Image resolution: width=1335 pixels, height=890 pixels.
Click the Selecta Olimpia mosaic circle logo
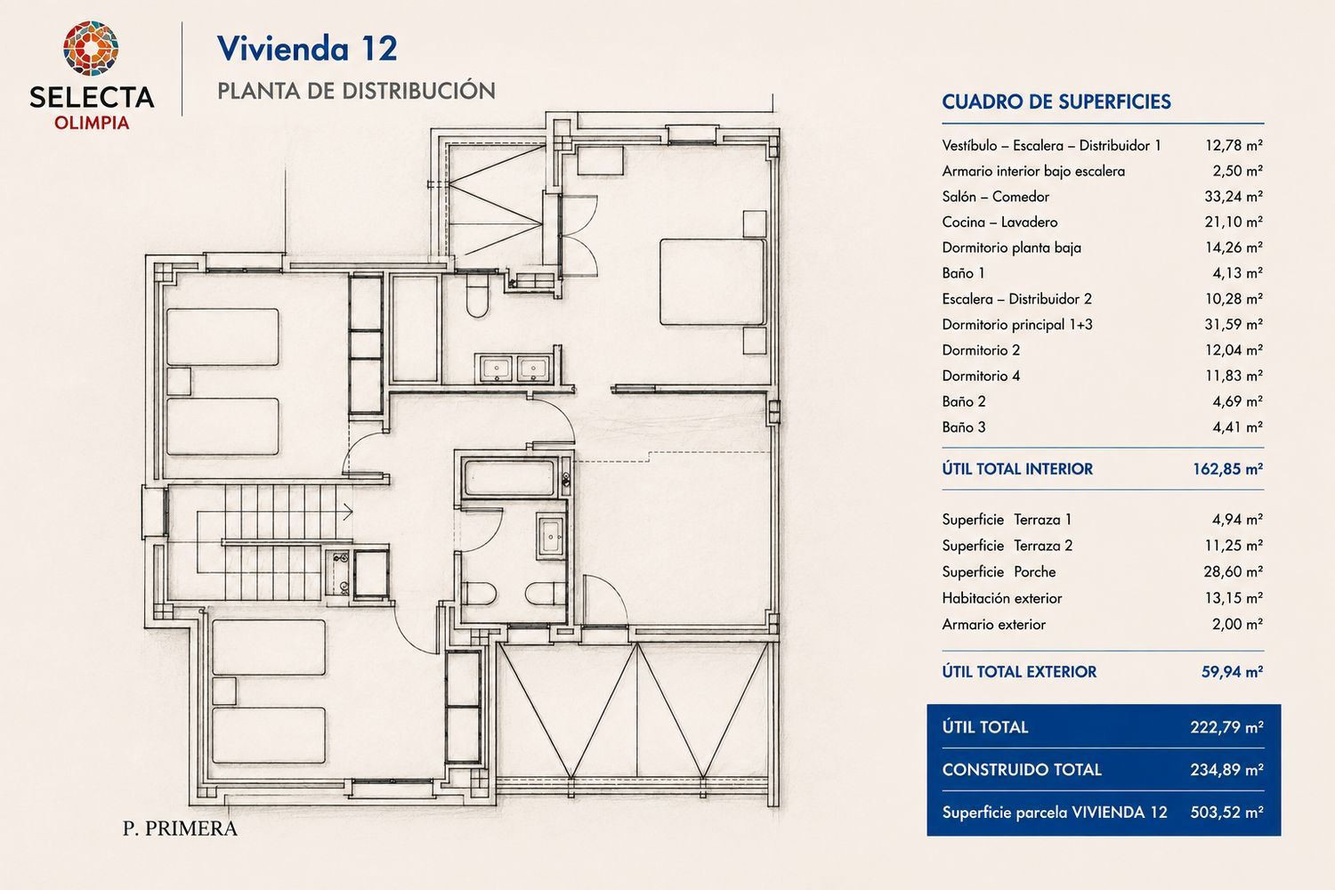[91, 48]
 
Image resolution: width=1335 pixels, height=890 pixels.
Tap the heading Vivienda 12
[307, 48]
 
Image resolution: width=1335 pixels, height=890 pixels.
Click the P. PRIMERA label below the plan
[180, 829]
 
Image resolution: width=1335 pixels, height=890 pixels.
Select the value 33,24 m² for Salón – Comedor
[1234, 196]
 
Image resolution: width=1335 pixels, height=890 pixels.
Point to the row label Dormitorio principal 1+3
[1017, 324]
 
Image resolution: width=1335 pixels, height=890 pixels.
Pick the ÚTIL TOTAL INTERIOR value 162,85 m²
[1227, 469]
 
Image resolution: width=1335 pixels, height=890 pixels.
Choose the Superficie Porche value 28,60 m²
[1233, 571]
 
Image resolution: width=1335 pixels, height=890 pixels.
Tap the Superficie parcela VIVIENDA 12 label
[1055, 813]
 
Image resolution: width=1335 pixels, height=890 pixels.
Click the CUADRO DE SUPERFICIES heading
[1056, 102]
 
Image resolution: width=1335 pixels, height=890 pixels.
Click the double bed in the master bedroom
[712, 282]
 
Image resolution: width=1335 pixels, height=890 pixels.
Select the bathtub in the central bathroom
[510, 478]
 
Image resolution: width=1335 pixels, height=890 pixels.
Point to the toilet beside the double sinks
[477, 295]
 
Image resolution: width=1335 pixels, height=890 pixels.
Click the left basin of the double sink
[496, 369]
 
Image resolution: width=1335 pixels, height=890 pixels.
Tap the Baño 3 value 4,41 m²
[1238, 427]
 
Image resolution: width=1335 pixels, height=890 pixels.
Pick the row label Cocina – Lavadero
[1000, 222]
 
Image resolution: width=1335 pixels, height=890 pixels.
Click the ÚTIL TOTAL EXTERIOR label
[1019, 672]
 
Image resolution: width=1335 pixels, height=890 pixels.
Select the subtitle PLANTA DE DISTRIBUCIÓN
[356, 91]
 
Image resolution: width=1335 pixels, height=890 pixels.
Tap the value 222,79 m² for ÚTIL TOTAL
[1227, 727]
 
